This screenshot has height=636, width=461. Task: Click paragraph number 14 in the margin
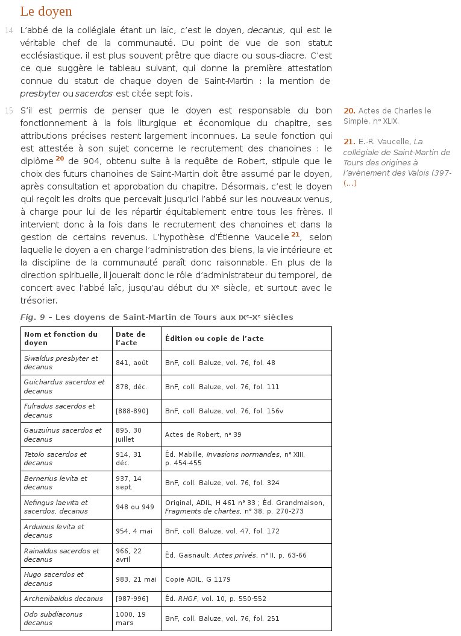tap(8, 30)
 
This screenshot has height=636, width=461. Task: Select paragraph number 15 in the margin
tap(8, 110)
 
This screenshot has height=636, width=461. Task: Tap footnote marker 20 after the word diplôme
tap(60, 158)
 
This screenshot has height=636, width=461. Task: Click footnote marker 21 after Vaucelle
tap(295, 234)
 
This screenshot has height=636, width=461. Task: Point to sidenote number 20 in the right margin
tap(349, 111)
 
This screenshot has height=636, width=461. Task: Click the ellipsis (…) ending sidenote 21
tap(350, 183)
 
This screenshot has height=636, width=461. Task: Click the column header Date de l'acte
tap(130, 339)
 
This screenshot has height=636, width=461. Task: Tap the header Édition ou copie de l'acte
tap(214, 339)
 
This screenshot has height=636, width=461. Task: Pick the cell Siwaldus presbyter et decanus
tap(60, 363)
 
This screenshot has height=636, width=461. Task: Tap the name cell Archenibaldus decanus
tap(60, 599)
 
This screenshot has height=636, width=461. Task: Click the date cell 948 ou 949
tap(135, 507)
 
